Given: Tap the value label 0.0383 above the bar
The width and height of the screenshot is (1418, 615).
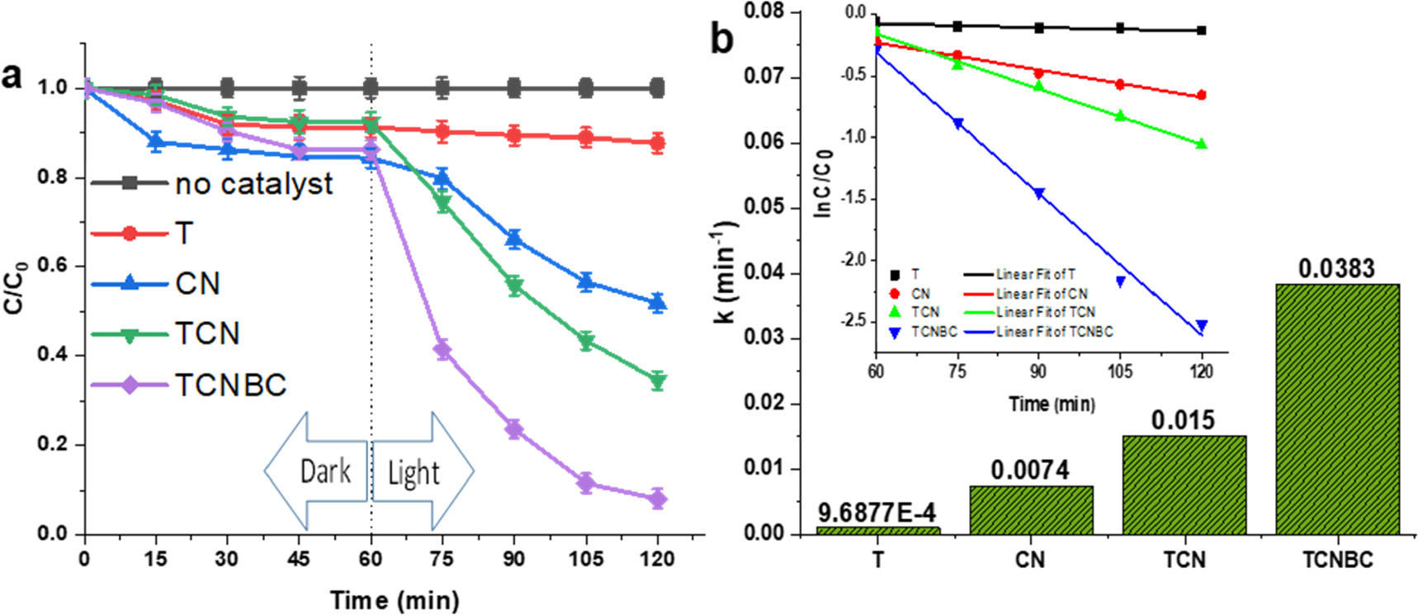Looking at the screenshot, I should [1336, 269].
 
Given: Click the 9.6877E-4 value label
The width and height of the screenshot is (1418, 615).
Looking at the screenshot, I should [877, 513].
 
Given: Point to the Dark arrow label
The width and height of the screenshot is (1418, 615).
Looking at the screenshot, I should [325, 471].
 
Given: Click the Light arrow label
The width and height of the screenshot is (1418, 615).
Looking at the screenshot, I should [414, 473].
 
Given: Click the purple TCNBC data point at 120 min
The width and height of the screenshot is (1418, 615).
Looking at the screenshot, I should [657, 499].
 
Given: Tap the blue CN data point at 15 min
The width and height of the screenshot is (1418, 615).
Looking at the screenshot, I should [155, 142].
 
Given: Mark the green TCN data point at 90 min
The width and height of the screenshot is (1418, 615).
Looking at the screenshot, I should [514, 286].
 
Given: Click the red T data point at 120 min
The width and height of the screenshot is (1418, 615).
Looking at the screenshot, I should [657, 143].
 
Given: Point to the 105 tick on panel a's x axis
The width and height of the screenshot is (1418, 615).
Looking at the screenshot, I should [585, 560].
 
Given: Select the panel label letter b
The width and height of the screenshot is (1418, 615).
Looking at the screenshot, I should [721, 39].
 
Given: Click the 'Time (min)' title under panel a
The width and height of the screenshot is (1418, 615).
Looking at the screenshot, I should [395, 600].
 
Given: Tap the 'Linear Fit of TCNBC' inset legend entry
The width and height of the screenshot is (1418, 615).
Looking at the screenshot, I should [1054, 332].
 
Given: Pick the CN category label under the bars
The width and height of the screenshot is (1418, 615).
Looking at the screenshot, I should [1030, 561].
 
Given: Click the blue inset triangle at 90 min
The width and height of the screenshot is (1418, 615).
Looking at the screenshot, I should [1039, 193].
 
